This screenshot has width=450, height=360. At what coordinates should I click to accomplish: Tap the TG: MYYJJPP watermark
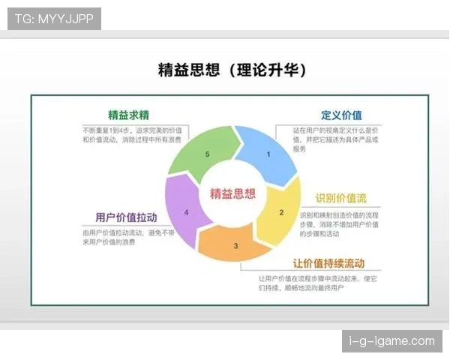(x=54, y=19)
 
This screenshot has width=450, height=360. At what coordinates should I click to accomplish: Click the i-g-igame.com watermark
(x=392, y=341)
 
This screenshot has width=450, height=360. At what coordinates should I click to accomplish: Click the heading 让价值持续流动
(x=328, y=263)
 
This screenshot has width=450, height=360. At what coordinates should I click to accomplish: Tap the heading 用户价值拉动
(x=126, y=217)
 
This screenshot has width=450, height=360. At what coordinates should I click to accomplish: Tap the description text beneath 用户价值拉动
(x=120, y=238)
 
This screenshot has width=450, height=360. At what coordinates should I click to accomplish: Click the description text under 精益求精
(x=121, y=135)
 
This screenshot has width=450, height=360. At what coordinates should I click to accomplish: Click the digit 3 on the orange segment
(x=235, y=245)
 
